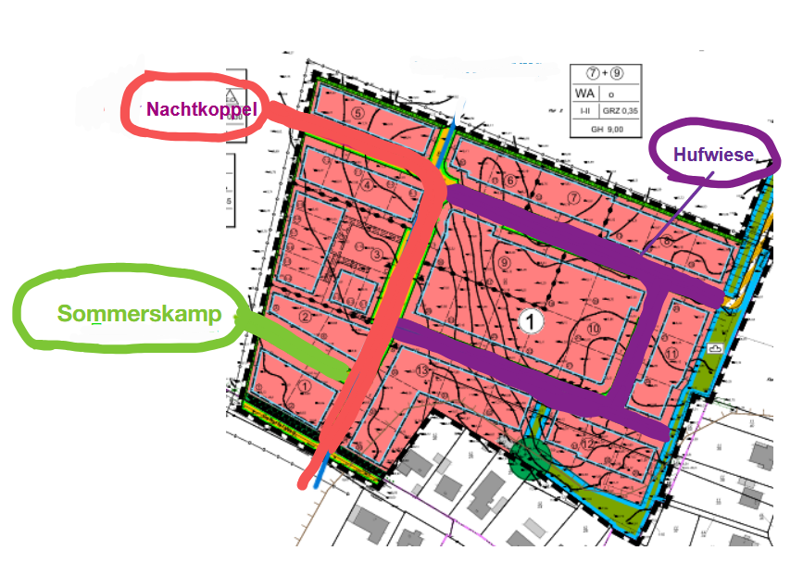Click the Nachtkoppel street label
(x=201, y=108)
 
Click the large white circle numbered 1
(x=530, y=321)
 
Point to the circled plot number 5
(x=358, y=113)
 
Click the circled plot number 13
(x=423, y=371)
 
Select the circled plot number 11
(x=671, y=354)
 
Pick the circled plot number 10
(x=594, y=329)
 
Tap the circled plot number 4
(x=367, y=185)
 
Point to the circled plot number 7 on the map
(x=573, y=198)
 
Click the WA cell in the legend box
(x=584, y=94)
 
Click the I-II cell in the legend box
(x=585, y=110)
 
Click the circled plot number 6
(x=510, y=180)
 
